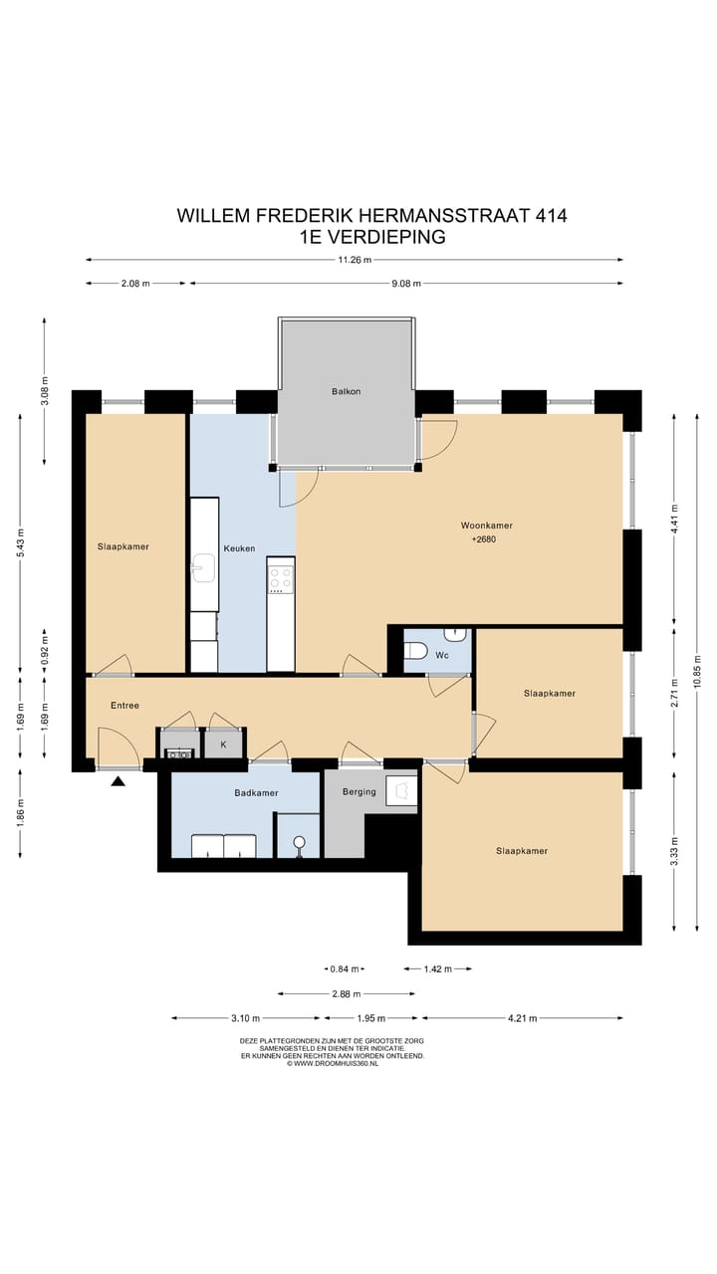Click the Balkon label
[346, 391]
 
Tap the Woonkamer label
[487, 526]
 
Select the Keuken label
[239, 548]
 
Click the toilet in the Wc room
[415, 650]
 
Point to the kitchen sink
[203, 568]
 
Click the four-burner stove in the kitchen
[281, 576]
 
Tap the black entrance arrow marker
[118, 781]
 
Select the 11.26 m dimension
[355, 260]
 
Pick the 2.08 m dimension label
[135, 284]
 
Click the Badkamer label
[256, 793]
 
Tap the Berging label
[359, 791]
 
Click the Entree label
[124, 706]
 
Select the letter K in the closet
[224, 744]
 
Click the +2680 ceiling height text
[484, 539]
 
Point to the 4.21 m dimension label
[523, 1018]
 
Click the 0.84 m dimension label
[345, 968]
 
